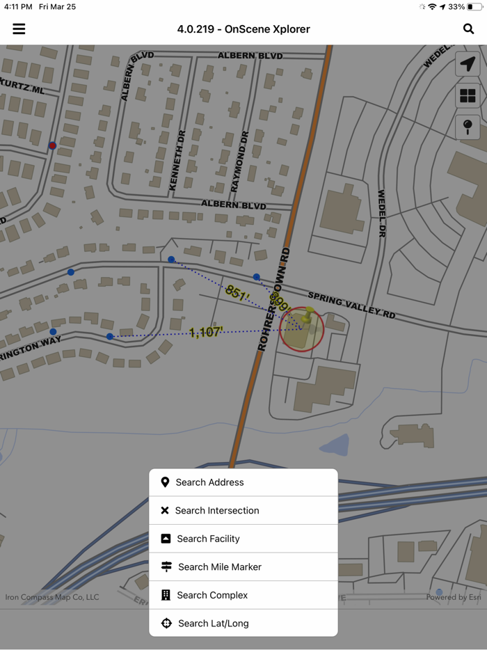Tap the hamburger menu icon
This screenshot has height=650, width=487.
pos(19,29)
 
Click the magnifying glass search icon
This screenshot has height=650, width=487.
pos(468,29)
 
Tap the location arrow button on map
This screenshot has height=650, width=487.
pos(468,64)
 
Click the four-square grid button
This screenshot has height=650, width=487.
pos(468,95)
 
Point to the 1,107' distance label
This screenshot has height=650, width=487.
pos(206,333)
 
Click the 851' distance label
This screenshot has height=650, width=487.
pos(237,294)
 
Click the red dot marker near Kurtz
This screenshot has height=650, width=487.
pos(52,146)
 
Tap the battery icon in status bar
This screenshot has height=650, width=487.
pos(474,7)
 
